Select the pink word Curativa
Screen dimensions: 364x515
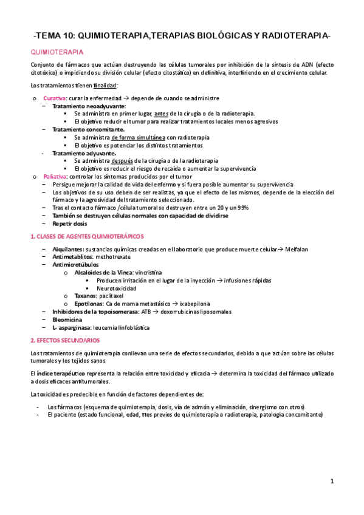tap(55, 98)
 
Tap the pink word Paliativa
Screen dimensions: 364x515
tap(55, 176)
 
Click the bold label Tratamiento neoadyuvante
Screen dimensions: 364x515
tap(89, 106)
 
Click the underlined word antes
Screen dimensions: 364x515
tap(161, 114)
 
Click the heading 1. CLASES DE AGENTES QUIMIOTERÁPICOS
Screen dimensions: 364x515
tap(88, 236)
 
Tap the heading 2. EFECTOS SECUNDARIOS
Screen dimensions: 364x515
tap(66, 341)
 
